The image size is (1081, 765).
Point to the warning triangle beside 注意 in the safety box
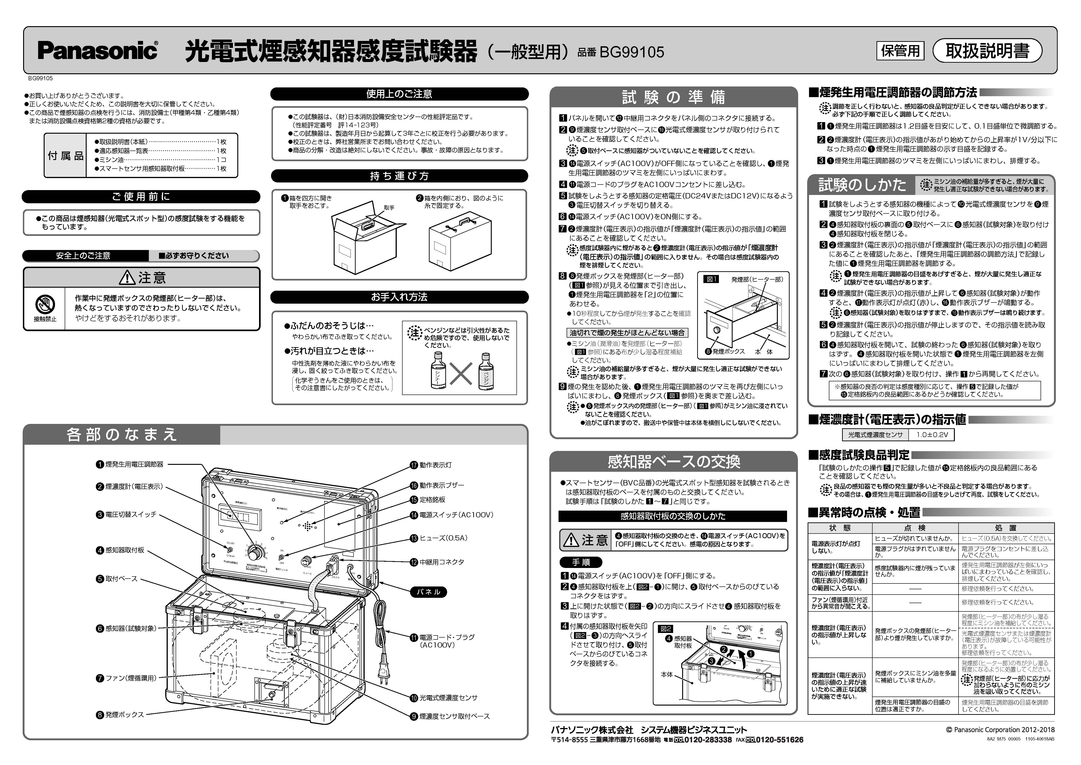coord(127,278)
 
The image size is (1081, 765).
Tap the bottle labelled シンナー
coord(438,372)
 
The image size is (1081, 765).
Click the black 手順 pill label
coord(580,562)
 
